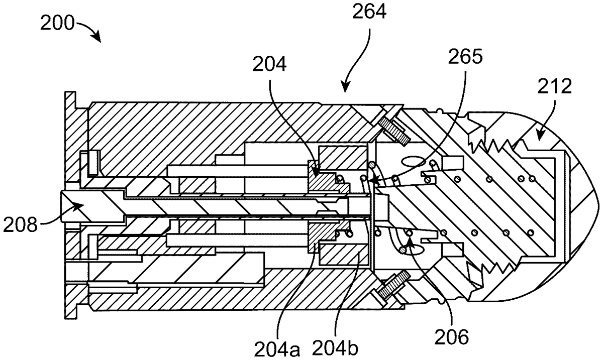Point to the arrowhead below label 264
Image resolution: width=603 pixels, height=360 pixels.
pyautogui.click(x=345, y=89)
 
